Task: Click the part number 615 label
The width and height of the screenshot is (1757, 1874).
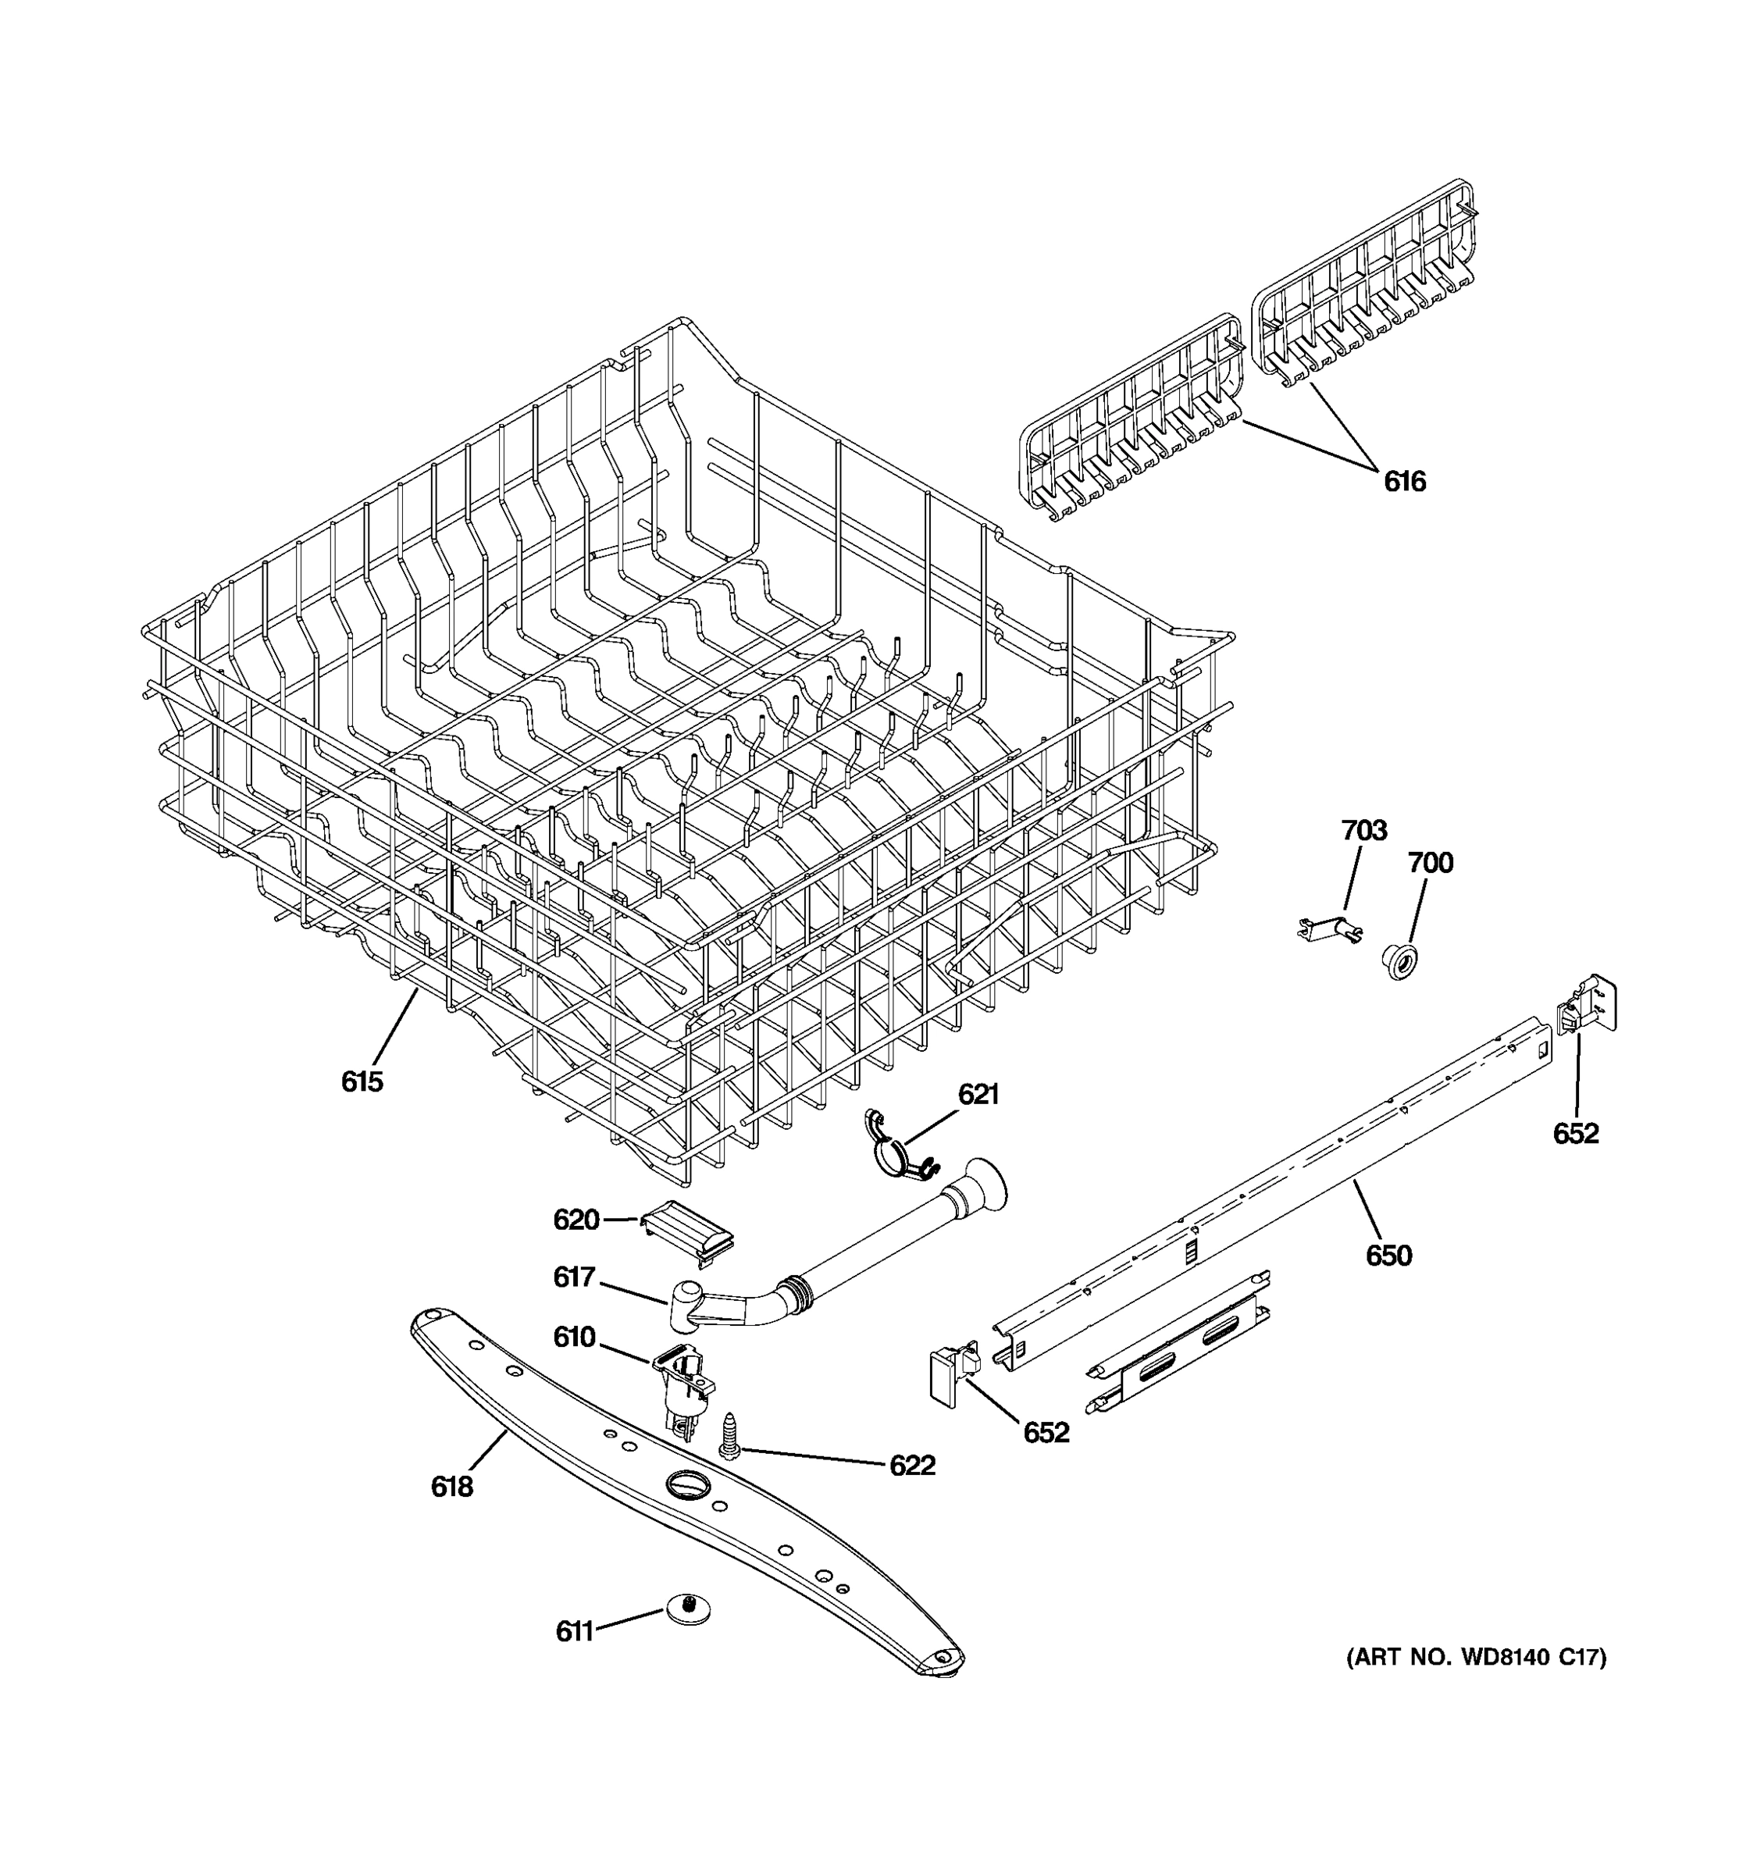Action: click(x=362, y=1081)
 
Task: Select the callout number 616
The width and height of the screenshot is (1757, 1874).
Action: click(x=1405, y=482)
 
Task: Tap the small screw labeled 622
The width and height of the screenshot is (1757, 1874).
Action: click(x=729, y=1437)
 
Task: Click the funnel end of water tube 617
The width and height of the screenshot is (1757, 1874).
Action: click(x=983, y=1185)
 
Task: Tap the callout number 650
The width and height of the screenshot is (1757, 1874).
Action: click(x=1388, y=1256)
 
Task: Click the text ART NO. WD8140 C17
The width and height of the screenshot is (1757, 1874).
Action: click(x=1475, y=1683)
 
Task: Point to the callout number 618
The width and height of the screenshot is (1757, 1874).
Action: click(x=451, y=1487)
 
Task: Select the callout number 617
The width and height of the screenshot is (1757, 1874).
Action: click(x=574, y=1277)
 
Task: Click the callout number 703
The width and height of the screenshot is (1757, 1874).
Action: click(x=1364, y=831)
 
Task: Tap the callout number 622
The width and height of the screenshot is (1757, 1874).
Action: click(x=911, y=1465)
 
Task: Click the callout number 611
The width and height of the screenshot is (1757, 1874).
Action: click(x=574, y=1631)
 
